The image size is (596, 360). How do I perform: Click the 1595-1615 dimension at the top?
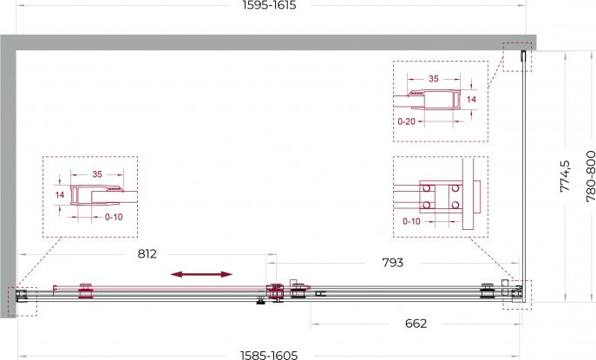(269, 5)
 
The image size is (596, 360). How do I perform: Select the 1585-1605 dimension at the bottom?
(269, 356)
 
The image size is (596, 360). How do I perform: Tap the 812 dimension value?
(147, 253)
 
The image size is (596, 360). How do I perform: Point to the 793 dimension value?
(393, 262)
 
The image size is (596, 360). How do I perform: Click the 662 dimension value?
(416, 324)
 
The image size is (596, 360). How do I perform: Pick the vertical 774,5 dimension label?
(566, 176)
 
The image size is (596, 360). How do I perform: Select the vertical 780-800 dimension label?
(591, 176)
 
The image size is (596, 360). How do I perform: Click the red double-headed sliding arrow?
(201, 274)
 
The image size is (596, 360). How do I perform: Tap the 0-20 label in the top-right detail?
(406, 121)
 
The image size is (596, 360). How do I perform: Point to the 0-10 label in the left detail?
(114, 217)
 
